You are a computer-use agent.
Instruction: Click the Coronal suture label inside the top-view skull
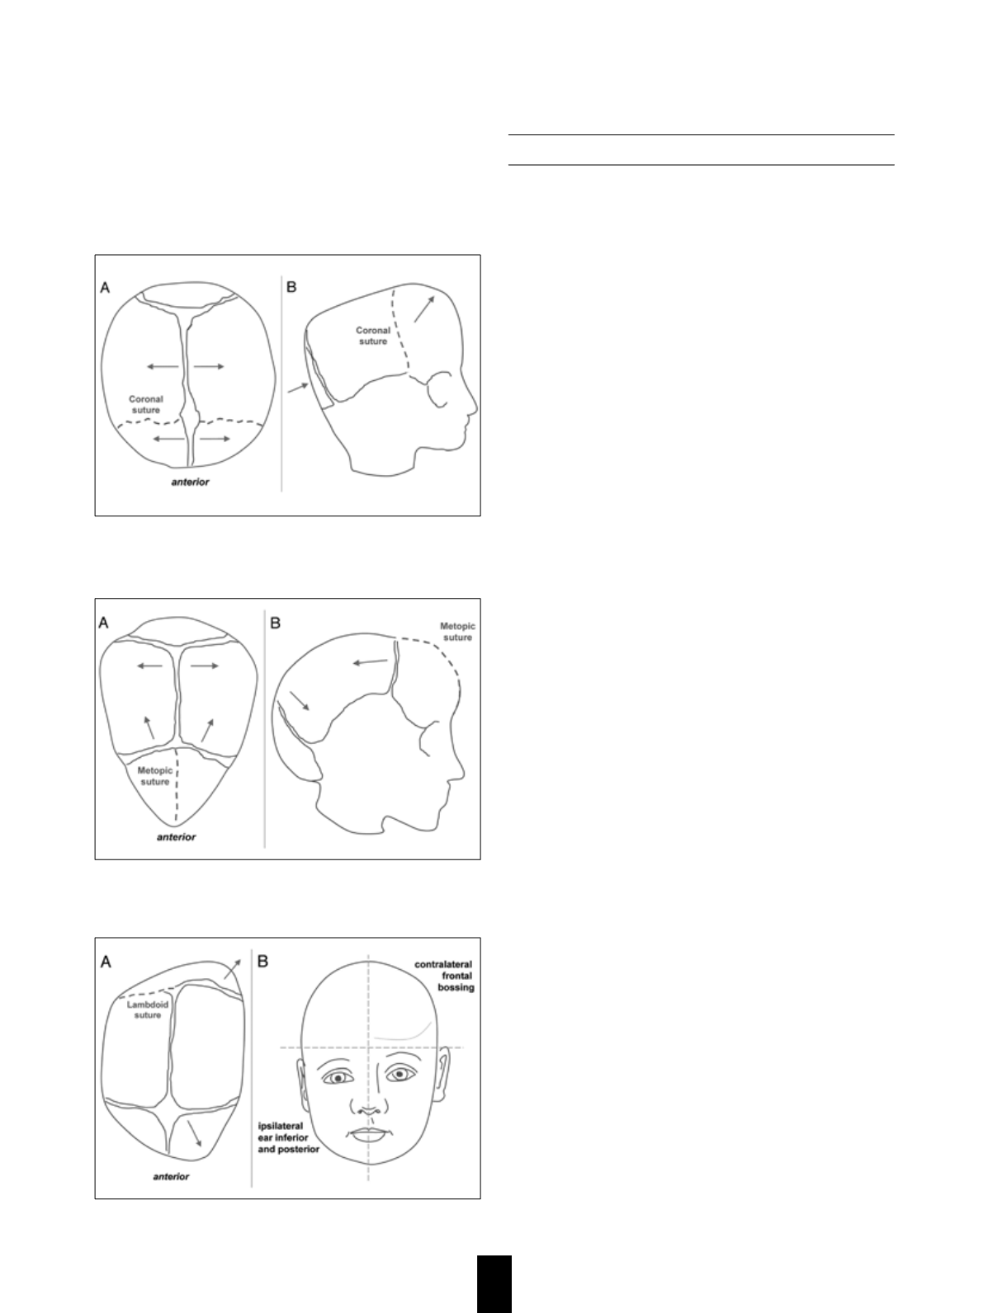click(x=145, y=404)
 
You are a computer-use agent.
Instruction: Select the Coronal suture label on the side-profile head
click(x=373, y=336)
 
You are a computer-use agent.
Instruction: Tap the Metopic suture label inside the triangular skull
click(x=155, y=776)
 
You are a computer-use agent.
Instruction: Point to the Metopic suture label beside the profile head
click(x=458, y=632)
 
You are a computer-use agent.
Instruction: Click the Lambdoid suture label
click(x=147, y=1009)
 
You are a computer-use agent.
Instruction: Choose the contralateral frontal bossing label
click(x=444, y=976)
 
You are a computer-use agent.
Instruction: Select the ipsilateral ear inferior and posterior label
click(x=288, y=1137)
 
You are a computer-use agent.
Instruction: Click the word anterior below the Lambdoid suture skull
click(x=171, y=1176)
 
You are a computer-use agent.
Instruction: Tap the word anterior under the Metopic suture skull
click(x=176, y=837)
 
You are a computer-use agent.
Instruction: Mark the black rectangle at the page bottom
click(x=494, y=1283)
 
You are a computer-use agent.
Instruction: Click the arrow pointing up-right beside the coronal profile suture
click(x=424, y=308)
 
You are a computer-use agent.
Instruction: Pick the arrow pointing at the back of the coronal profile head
click(x=298, y=388)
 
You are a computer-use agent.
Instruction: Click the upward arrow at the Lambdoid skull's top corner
click(x=232, y=970)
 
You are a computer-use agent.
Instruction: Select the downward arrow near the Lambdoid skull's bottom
click(x=195, y=1133)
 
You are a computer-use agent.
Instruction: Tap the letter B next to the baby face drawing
click(x=262, y=962)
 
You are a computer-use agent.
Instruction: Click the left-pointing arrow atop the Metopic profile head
click(x=370, y=661)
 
